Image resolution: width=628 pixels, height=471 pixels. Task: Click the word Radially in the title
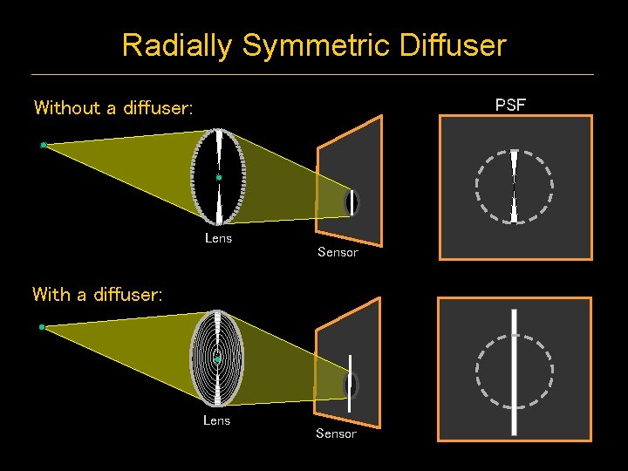click(x=178, y=45)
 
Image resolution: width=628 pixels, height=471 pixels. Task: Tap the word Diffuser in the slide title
click(x=452, y=45)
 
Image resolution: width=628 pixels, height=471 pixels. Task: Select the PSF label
click(x=510, y=106)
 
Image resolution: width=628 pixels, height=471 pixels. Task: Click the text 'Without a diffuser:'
click(x=113, y=108)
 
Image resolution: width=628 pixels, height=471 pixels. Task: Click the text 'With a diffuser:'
click(x=97, y=295)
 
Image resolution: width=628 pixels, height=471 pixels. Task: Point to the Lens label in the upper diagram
click(x=218, y=237)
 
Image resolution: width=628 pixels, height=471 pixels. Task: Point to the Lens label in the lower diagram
click(x=216, y=420)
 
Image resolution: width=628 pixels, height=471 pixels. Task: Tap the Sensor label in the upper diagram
click(x=338, y=252)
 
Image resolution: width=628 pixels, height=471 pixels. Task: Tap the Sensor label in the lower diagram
click(x=336, y=433)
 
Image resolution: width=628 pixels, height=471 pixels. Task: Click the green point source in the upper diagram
click(x=43, y=145)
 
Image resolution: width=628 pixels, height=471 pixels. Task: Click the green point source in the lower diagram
click(x=42, y=327)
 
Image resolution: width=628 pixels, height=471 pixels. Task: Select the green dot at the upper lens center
click(x=219, y=177)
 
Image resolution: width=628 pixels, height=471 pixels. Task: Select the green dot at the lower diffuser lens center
click(x=217, y=358)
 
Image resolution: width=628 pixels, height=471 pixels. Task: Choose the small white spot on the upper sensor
click(x=352, y=203)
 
